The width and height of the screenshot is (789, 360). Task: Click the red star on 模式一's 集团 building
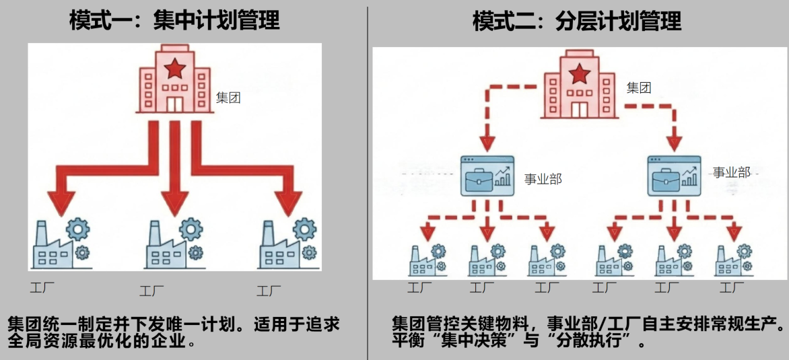pyautogui.click(x=174, y=67)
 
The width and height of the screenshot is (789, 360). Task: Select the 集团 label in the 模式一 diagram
pyautogui.click(x=228, y=98)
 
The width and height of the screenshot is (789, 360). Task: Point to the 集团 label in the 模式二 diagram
pyautogui.click(x=639, y=87)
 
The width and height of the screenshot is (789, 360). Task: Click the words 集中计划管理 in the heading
pyautogui.click(x=216, y=21)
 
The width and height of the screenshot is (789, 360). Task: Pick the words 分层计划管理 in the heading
pyautogui.click(x=619, y=21)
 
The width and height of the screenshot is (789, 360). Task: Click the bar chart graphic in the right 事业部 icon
pyautogui.click(x=688, y=177)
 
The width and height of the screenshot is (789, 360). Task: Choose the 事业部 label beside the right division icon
pyautogui.click(x=732, y=172)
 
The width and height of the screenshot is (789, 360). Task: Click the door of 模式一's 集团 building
pyautogui.click(x=174, y=104)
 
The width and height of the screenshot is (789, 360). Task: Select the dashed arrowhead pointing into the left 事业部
pyautogui.click(x=487, y=143)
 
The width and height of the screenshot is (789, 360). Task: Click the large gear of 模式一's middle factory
pyautogui.click(x=191, y=230)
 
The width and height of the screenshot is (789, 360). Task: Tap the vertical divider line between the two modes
pyautogui.click(x=368, y=182)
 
